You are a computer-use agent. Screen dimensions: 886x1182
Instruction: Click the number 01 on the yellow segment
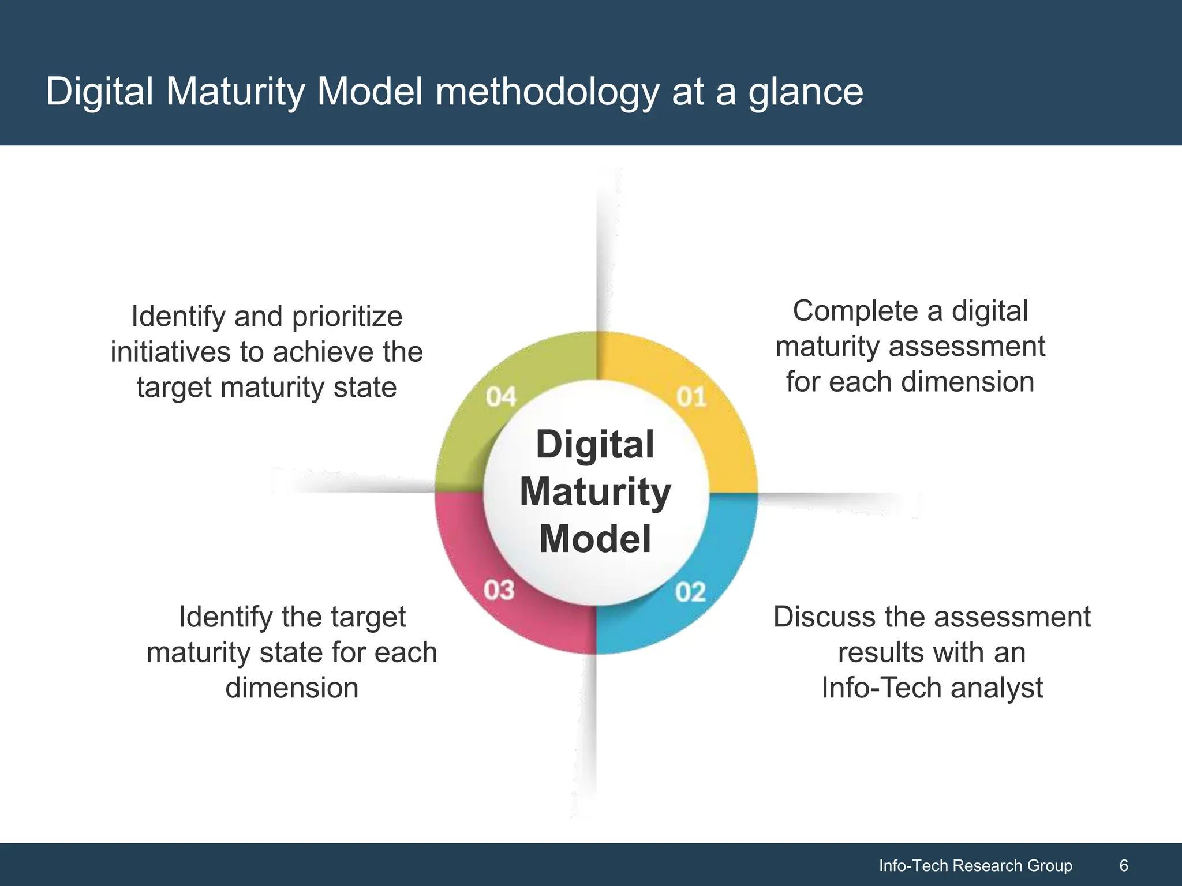coord(691,397)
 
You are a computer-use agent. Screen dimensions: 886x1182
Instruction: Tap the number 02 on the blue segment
coord(690,592)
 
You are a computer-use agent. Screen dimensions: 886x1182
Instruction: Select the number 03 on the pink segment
coord(499,590)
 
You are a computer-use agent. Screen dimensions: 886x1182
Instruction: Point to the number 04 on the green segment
coord(500,397)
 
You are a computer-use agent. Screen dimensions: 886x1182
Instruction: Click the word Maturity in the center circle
coord(595,492)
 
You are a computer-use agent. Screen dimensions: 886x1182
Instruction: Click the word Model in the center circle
coord(595,539)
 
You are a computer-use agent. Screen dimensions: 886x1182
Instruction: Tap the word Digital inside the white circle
coord(595,445)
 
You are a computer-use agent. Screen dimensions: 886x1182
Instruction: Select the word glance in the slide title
coord(806,92)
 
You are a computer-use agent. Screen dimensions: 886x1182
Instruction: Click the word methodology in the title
coord(547,92)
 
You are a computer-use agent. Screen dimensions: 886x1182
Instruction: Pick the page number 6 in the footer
coord(1123,865)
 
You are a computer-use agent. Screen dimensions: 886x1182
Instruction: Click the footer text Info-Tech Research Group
coord(975,865)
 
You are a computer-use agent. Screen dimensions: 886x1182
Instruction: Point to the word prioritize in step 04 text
coord(347,317)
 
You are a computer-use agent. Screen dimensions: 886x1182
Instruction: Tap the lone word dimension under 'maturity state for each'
coord(292,688)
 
